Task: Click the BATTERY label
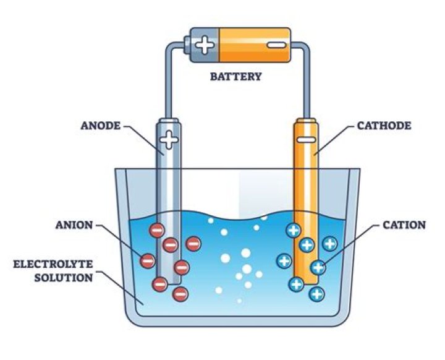tap(235, 77)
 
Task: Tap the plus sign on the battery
tap(204, 45)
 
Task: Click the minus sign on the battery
tap(275, 45)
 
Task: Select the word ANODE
tap(101, 126)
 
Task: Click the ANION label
tap(74, 225)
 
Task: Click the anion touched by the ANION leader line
tap(148, 260)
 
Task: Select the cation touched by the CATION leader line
tap(318, 267)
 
